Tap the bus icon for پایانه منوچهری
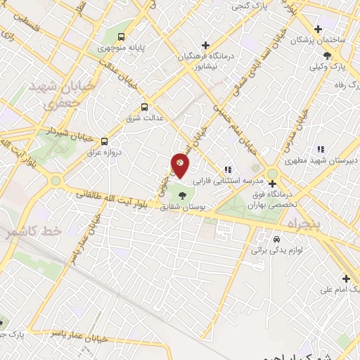click(x=123, y=37)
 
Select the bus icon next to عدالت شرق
click(x=144, y=107)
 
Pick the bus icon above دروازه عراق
click(x=104, y=141)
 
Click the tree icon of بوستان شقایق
click(x=184, y=195)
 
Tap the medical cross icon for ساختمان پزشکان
click(x=318, y=30)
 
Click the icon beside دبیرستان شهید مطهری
click(x=321, y=149)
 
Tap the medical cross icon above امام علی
click(x=346, y=278)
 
